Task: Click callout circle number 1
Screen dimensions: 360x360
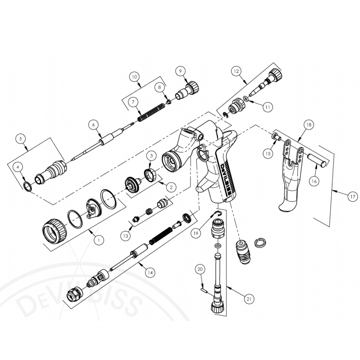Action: coord(99,240)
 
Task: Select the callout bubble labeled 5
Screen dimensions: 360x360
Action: coord(21,139)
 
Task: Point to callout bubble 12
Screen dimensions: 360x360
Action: coord(236,71)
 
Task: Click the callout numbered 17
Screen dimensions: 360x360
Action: coord(352,197)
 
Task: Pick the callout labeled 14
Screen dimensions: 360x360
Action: coord(150,272)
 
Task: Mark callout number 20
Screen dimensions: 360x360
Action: coord(200,269)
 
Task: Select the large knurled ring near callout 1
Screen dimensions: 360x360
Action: coord(54,231)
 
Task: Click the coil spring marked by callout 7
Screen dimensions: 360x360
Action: coord(151,112)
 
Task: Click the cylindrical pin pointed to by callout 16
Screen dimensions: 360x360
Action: coord(320,160)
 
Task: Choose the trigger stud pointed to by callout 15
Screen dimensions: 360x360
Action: coord(276,137)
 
